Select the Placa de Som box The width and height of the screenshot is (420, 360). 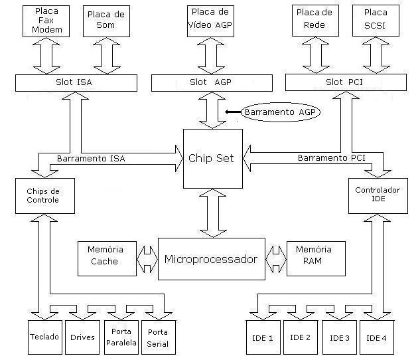click(107, 21)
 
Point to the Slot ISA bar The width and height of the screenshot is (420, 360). click(76, 82)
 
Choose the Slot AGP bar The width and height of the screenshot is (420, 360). click(212, 82)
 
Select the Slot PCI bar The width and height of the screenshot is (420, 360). click(345, 82)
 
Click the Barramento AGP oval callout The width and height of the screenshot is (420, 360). click(281, 112)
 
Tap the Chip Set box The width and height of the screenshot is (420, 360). click(212, 159)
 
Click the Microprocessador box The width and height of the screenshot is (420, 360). click(211, 258)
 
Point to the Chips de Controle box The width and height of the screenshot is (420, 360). click(46, 195)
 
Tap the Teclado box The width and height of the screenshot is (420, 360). click(45, 338)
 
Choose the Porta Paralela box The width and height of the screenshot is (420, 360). click(121, 338)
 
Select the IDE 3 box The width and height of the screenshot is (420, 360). click(339, 338)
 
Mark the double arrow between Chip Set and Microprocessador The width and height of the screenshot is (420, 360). click(212, 213)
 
